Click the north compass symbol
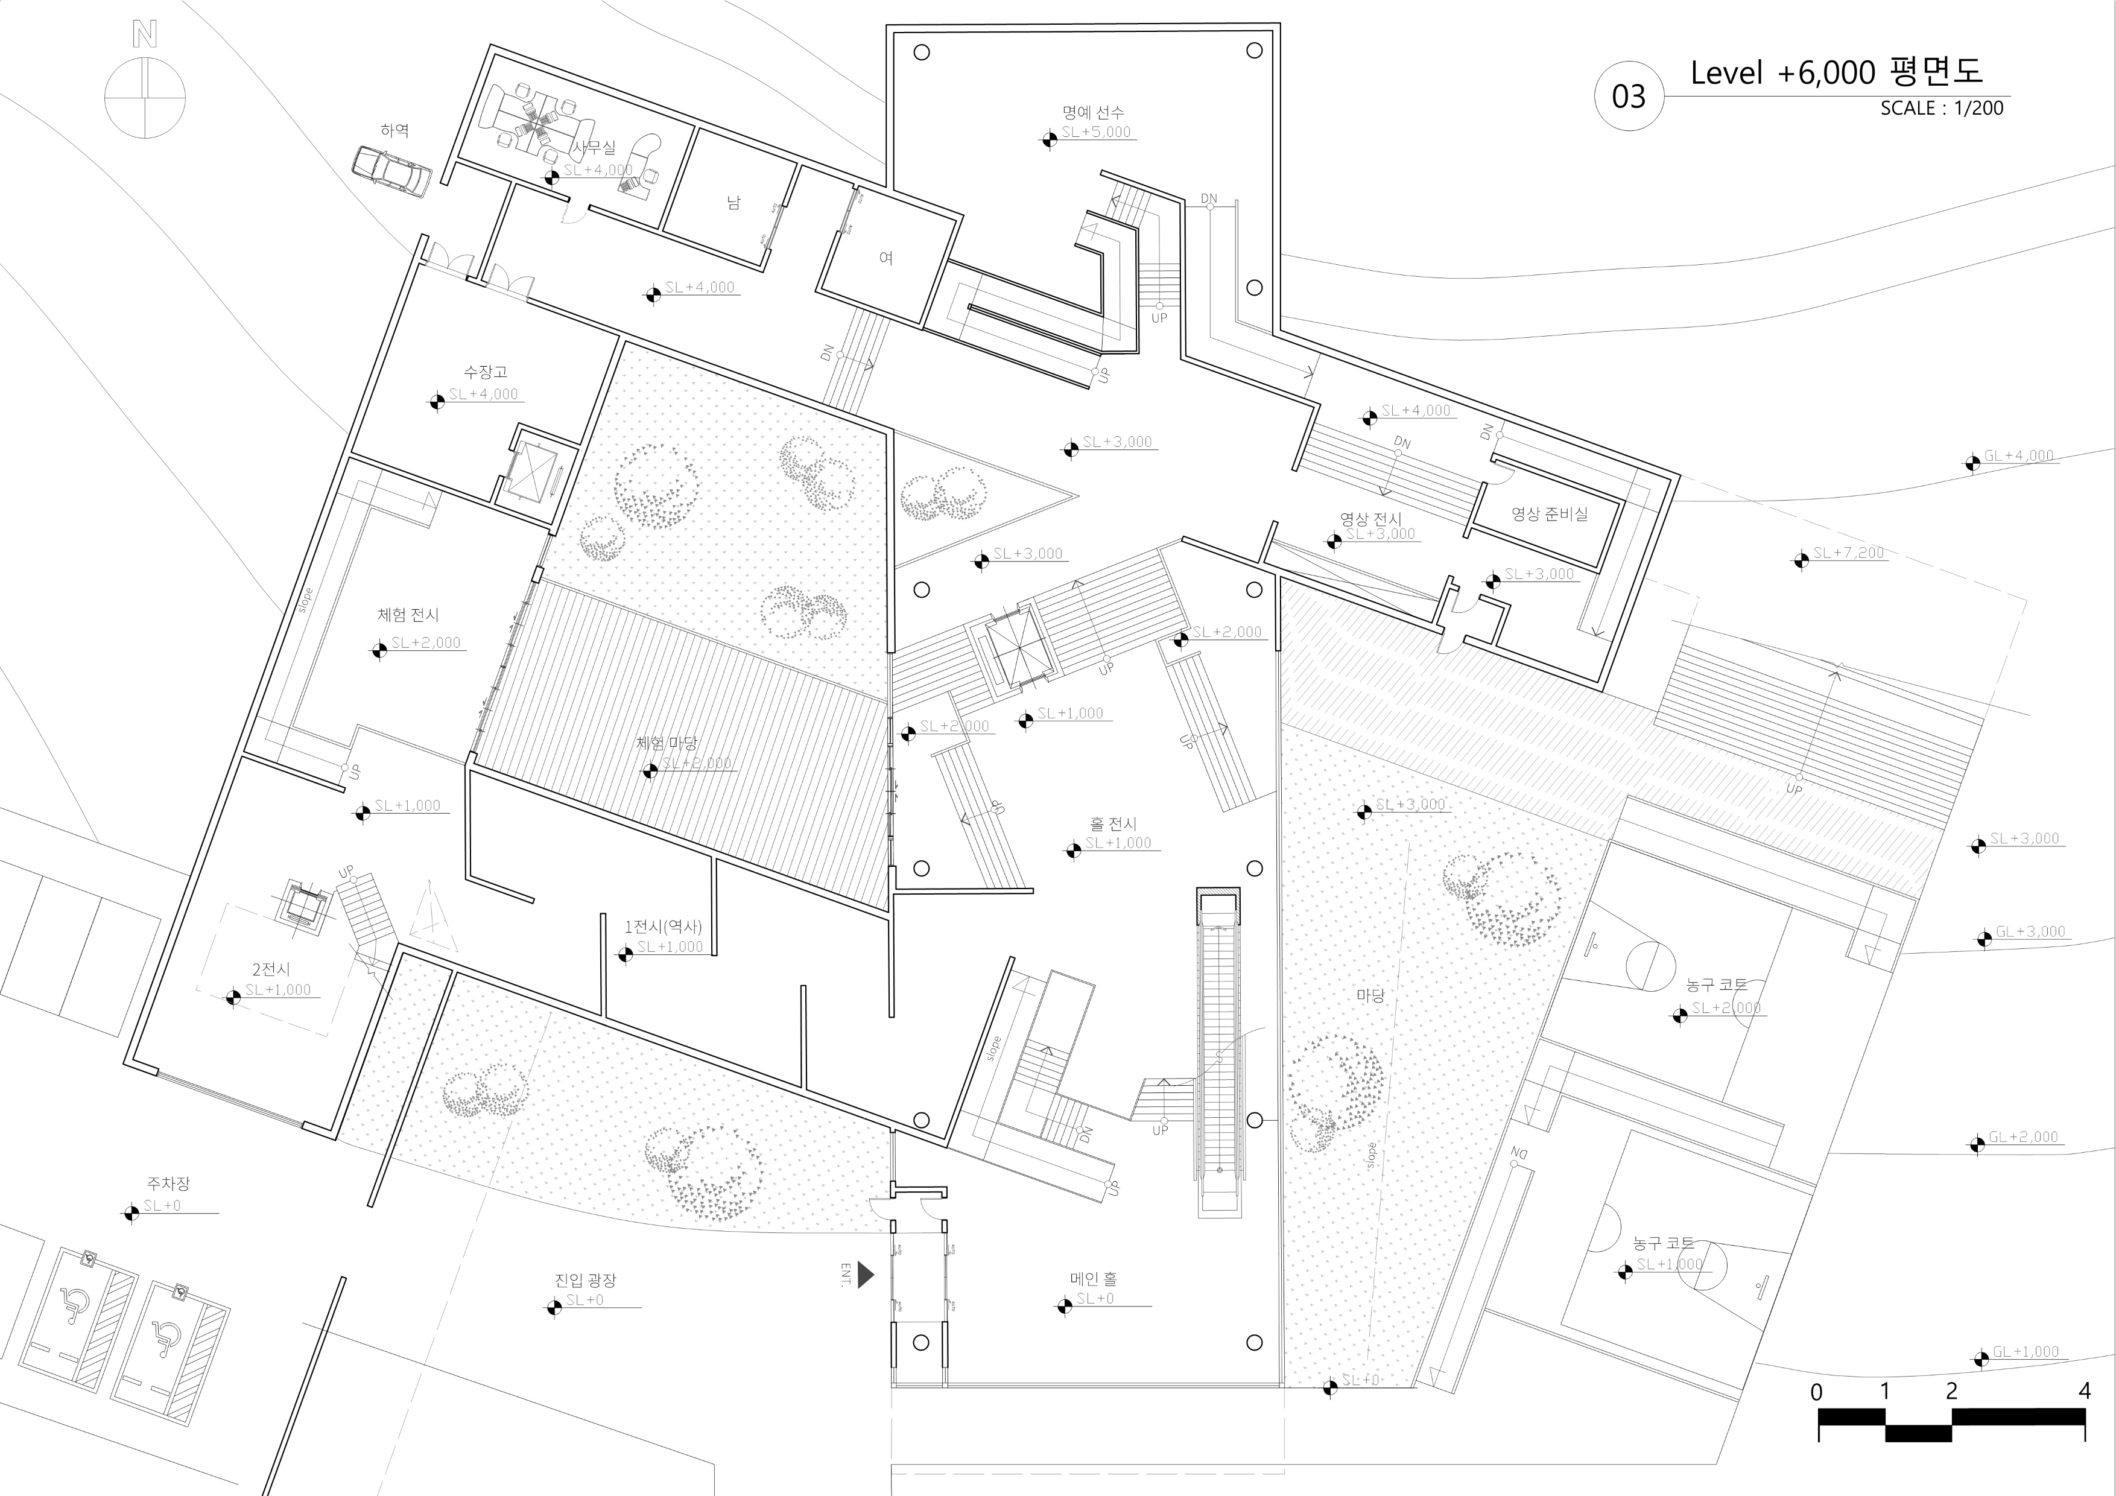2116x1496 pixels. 145,96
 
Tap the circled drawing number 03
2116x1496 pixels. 1629,97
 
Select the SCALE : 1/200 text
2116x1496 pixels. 1942,108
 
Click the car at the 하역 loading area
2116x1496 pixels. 391,171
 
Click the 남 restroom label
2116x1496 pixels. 733,203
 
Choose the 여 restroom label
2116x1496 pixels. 885,258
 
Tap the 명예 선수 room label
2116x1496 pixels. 1092,112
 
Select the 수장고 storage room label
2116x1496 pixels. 485,372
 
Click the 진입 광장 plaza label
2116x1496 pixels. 585,1280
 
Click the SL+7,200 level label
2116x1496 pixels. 1848,553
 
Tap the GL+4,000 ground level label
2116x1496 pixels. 2018,456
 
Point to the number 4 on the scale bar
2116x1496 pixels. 2085,1391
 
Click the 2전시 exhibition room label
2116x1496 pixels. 271,969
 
